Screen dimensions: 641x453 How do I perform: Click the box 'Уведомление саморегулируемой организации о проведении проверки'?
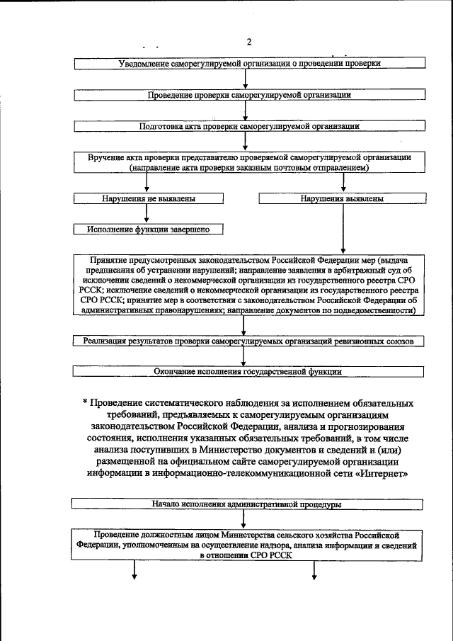[250, 64]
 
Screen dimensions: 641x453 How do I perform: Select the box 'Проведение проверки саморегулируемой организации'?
[250, 95]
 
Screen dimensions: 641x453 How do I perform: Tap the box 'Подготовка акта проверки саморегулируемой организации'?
[250, 127]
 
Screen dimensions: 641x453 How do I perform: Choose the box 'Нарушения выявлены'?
[343, 199]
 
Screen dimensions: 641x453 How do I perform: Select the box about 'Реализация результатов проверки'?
[248, 341]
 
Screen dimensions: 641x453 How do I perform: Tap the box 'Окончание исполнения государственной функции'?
[248, 371]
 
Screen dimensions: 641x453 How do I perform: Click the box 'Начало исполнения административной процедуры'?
[248, 505]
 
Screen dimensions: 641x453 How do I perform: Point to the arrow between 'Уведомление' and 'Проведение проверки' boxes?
[245, 79]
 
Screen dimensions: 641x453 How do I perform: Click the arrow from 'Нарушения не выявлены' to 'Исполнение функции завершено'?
[147, 214]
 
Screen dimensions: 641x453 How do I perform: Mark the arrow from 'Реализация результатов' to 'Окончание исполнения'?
[245, 356]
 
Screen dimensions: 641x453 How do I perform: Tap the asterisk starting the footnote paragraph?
[84, 403]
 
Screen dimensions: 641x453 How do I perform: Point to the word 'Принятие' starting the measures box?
[111, 261]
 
